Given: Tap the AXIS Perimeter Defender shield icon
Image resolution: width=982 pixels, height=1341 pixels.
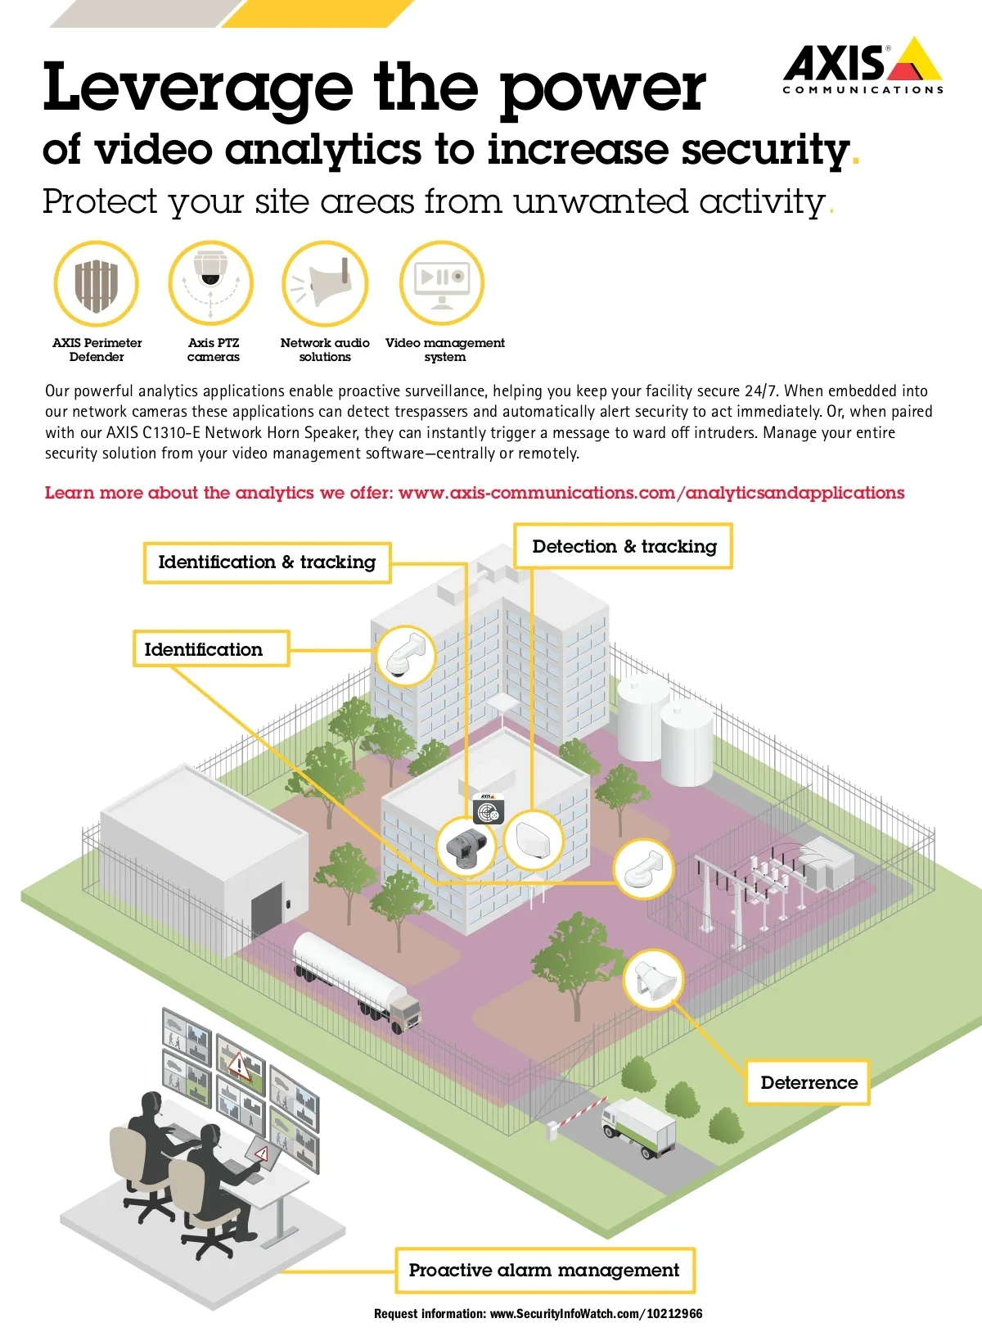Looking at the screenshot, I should click(x=97, y=285).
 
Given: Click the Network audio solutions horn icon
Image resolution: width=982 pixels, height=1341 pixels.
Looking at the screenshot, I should click(x=326, y=283).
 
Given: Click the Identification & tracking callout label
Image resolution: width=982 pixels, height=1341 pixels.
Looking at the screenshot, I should click(x=267, y=562).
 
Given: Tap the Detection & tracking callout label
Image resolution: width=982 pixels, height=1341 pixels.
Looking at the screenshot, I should click(x=624, y=547).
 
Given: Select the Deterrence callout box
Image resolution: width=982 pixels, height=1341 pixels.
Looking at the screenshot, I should click(x=809, y=1082).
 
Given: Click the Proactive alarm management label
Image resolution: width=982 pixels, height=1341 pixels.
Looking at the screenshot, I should click(x=544, y=1271).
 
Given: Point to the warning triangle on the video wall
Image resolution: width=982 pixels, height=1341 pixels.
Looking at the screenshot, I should click(x=239, y=1065).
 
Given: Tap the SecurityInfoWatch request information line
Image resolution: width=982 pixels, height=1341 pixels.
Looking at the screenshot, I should click(x=538, y=1314).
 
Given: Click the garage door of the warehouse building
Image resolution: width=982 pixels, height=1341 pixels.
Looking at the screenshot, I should click(x=267, y=910).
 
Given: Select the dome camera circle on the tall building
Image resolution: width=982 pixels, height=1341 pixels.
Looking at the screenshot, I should click(x=405, y=655).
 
